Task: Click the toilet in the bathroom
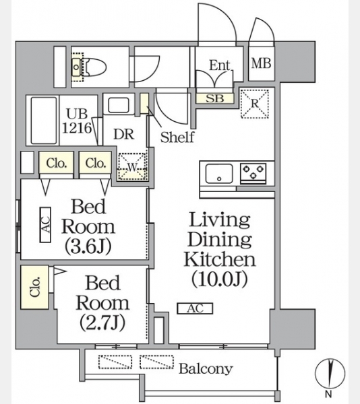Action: pyautogui.click(x=89, y=67)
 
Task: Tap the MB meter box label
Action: pyautogui.click(x=261, y=63)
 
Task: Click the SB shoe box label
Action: pyautogui.click(x=214, y=98)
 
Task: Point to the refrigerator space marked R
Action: pyautogui.click(x=255, y=103)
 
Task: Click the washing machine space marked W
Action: pyautogui.click(x=133, y=166)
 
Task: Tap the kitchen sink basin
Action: pyautogui.click(x=219, y=174)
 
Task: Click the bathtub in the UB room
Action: pyautogui.click(x=44, y=121)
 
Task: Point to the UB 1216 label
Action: pyautogui.click(x=77, y=121)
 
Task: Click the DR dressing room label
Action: pyautogui.click(x=124, y=134)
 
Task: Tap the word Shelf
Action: pyautogui.click(x=177, y=137)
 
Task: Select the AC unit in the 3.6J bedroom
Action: pyautogui.click(x=45, y=225)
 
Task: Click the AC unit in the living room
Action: pyautogui.click(x=195, y=308)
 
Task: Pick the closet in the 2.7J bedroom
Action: pyautogui.click(x=34, y=287)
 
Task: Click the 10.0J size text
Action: pyautogui.click(x=220, y=279)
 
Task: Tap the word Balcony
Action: pyautogui.click(x=206, y=369)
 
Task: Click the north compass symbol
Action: pyautogui.click(x=330, y=373)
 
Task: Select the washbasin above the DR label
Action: pyautogui.click(x=119, y=104)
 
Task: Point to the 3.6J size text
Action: pyautogui.click(x=88, y=246)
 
